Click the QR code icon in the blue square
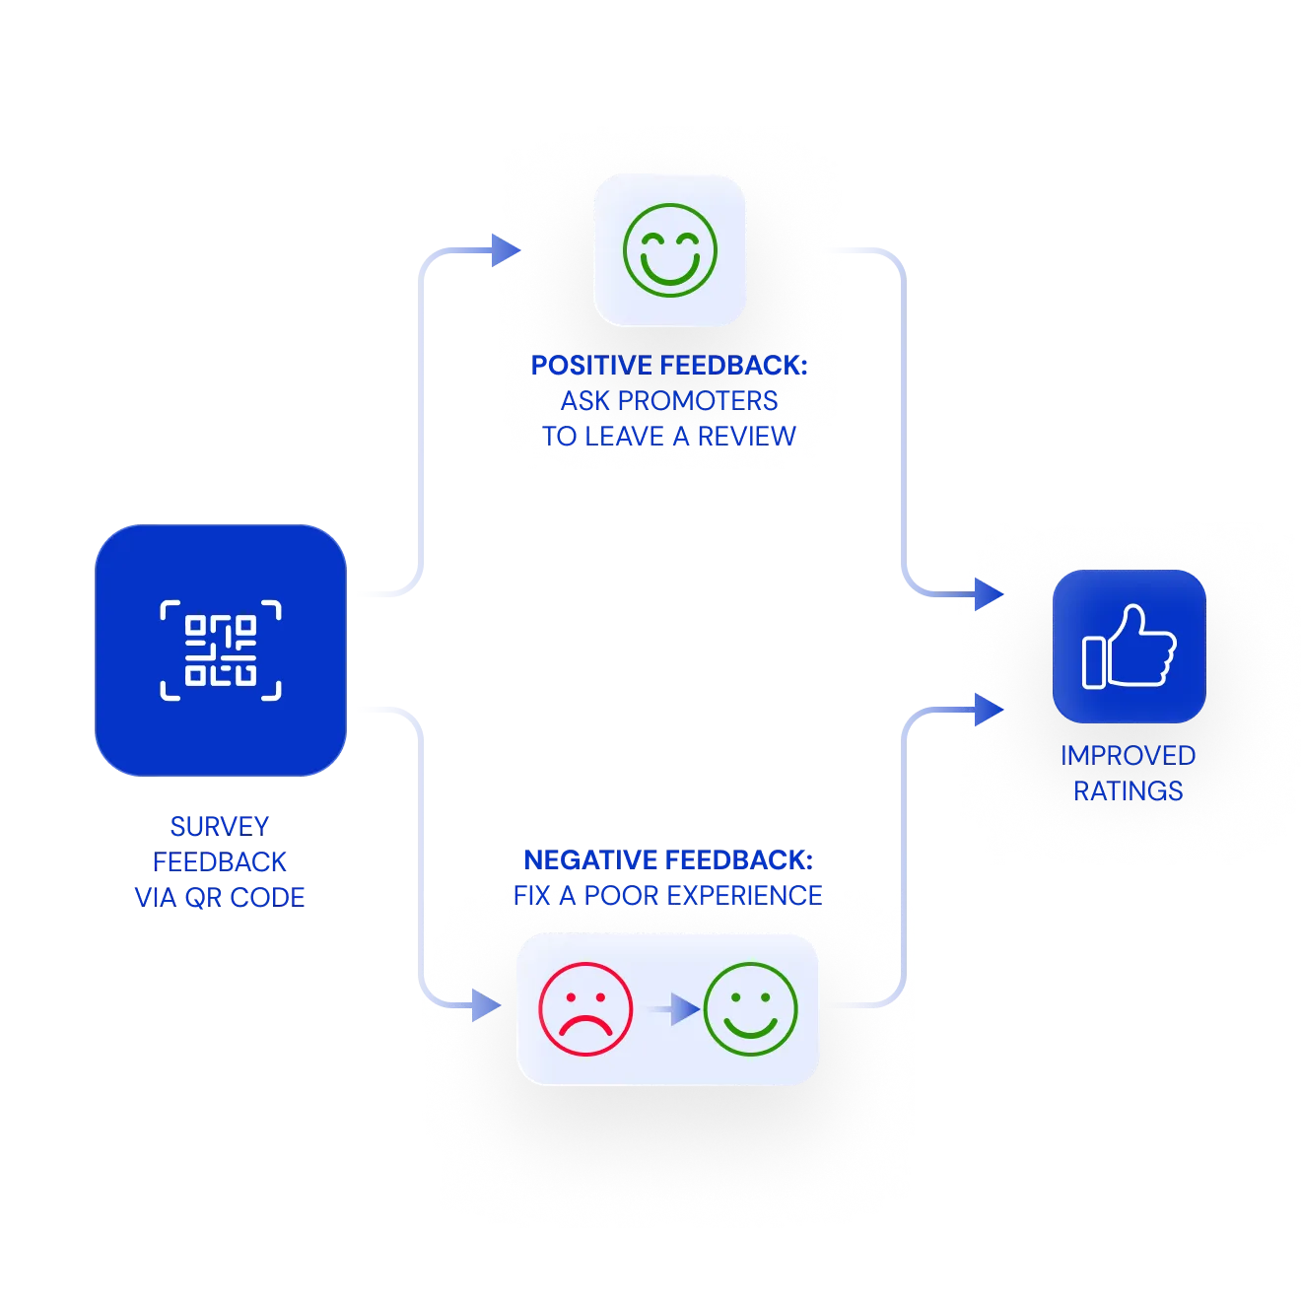[220, 650]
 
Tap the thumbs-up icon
[1129, 647]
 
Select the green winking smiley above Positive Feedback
[669, 249]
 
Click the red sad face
[585, 1008]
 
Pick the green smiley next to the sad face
[750, 1008]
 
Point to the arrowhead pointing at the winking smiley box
[506, 249]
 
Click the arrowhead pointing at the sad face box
[486, 1005]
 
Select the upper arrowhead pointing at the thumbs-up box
[990, 594]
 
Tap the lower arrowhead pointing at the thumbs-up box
[990, 710]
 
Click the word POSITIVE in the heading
[590, 366]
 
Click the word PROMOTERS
[698, 401]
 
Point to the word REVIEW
[746, 437]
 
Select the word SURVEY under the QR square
[220, 826]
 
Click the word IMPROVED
[1129, 756]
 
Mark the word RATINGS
[1129, 791]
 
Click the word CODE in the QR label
[267, 898]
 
